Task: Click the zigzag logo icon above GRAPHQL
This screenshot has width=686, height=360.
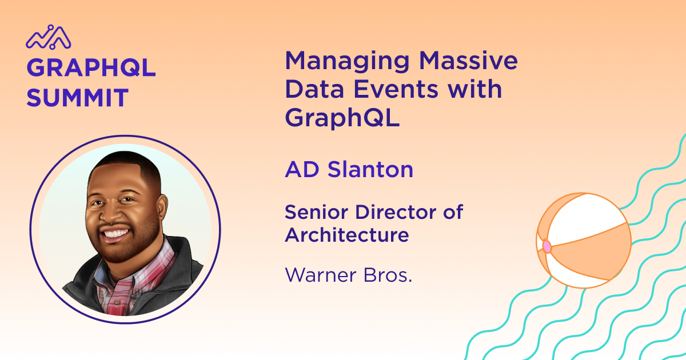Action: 49,37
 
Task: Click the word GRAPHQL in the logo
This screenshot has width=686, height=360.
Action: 91,67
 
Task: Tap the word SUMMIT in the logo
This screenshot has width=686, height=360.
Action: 78,98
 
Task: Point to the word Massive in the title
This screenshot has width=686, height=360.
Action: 468,61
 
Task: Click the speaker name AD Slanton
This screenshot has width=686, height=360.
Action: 349,169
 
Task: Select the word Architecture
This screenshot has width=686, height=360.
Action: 347,235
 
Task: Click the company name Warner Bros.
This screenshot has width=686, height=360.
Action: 349,275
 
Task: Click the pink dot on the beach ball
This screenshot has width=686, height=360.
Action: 547,246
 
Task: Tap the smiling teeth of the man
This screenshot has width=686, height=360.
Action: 115,234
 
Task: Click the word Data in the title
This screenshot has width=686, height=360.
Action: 314,89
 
